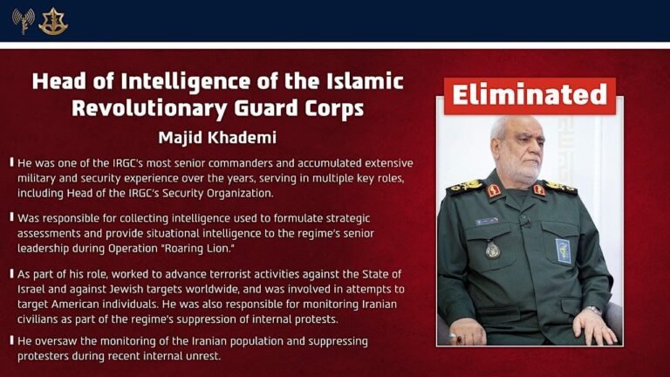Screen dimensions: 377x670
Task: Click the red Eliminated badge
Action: point(530,95)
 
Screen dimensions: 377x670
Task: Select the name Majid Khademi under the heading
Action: point(217,138)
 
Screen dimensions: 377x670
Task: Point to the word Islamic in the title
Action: point(360,81)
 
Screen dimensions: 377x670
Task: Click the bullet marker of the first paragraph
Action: point(10,163)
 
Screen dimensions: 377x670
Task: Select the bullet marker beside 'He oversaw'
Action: point(10,340)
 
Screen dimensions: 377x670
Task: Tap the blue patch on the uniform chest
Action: point(564,250)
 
